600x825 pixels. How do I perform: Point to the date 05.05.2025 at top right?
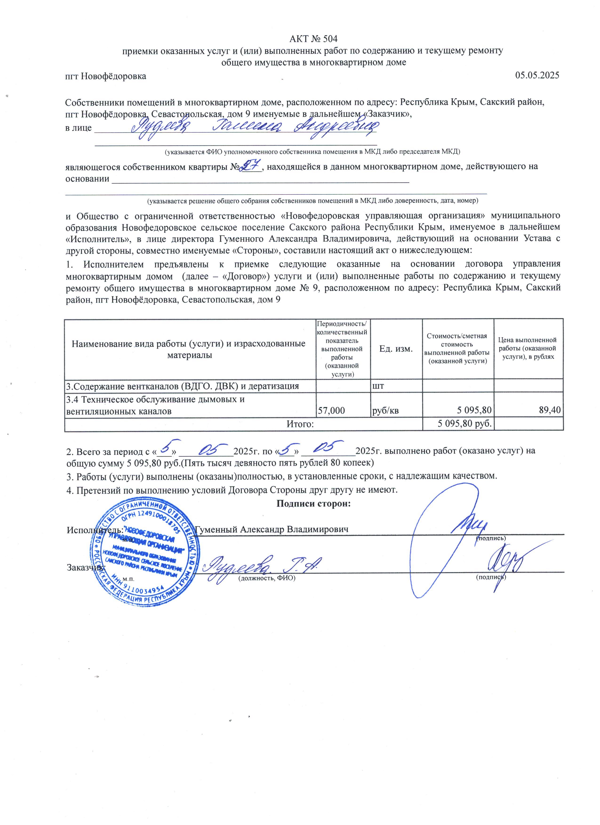(537, 76)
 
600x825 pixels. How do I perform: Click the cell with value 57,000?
(332, 410)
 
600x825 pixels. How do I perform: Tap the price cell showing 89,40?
(549, 410)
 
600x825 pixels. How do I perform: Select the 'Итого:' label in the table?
(300, 424)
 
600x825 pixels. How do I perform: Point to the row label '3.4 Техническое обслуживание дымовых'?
(155, 399)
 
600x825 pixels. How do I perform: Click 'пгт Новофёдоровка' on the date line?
(105, 76)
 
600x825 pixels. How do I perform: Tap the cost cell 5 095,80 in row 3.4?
(474, 410)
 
